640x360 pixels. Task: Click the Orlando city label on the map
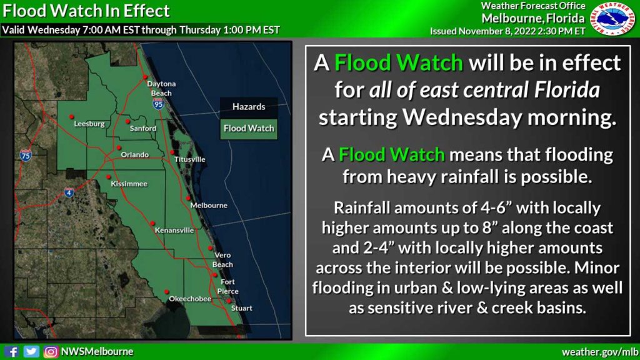135,154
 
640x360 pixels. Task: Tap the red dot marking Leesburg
71,116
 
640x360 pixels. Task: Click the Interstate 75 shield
25,154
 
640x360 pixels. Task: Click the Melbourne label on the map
209,205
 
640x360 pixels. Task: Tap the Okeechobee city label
185,299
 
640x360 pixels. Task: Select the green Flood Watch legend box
249,128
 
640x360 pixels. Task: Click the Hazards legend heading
249,107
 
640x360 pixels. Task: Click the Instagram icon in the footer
51,352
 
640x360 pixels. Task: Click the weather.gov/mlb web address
600,352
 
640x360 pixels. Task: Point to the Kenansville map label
174,230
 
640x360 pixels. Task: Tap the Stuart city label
242,308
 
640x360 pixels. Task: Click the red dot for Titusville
172,152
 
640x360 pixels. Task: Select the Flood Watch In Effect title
86,11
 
